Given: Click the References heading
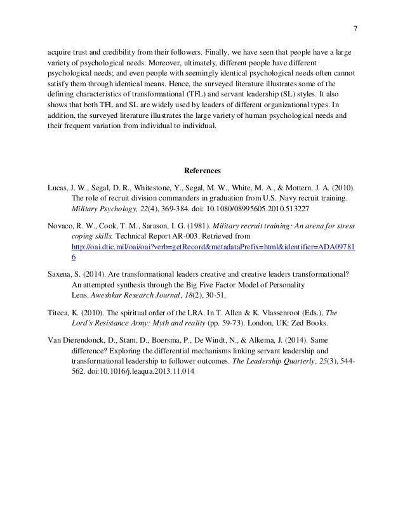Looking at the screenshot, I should tap(202, 171).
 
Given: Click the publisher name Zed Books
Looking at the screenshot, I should tap(303, 323).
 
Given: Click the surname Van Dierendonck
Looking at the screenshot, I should tap(76, 341).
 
